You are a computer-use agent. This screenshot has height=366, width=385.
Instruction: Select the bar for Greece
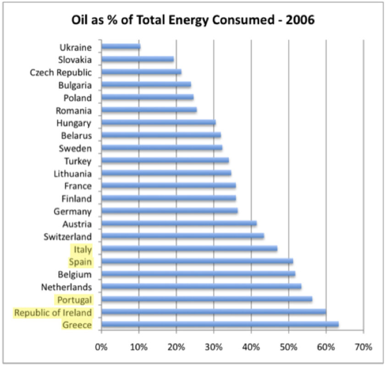[x=220, y=325]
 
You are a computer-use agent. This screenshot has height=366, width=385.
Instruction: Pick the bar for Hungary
[x=158, y=123]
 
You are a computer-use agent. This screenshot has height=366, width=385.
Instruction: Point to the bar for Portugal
[x=207, y=300]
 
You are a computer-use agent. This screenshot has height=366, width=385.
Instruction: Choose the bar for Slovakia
[x=137, y=59]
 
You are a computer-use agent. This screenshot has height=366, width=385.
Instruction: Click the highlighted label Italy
[x=81, y=249]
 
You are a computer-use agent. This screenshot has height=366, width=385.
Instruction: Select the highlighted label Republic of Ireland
[x=53, y=313]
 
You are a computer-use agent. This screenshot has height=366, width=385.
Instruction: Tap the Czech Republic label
[x=61, y=72]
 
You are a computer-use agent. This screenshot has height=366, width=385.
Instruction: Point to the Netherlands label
[x=66, y=287]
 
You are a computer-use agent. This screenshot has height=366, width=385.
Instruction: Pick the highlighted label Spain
[x=80, y=262]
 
